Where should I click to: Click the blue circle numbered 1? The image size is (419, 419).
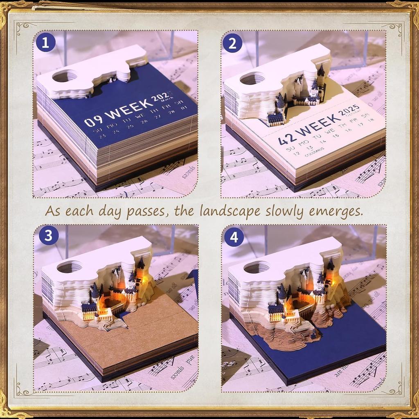click(x=46, y=43)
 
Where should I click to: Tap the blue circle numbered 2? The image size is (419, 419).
click(x=232, y=43)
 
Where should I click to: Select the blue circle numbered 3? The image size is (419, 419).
click(x=48, y=236)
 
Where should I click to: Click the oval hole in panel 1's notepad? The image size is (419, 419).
click(x=65, y=76)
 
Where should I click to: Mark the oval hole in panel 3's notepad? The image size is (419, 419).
click(x=70, y=266)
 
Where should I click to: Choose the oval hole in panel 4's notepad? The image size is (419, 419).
click(x=257, y=267)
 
